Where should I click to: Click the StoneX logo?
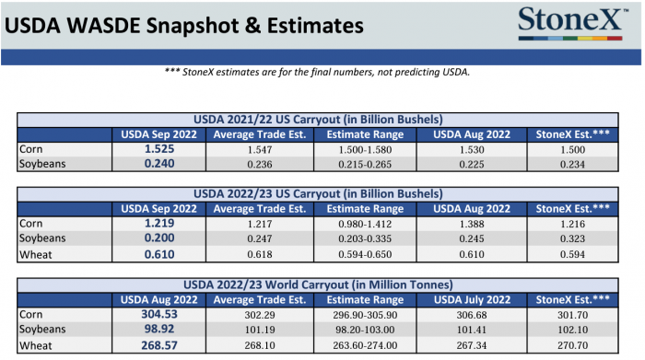click(x=572, y=23)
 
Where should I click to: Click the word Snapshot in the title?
click(x=193, y=26)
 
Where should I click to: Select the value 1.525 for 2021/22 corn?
click(x=159, y=149)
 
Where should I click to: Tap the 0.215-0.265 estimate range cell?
click(x=365, y=165)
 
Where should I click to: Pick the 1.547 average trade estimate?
click(x=260, y=149)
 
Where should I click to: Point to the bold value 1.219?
click(x=159, y=223)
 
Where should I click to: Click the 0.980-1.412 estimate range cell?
click(x=365, y=224)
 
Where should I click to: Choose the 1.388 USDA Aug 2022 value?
click(x=472, y=224)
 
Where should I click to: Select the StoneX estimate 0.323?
click(x=572, y=238)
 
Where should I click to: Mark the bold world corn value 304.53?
click(x=159, y=314)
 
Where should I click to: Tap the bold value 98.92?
click(x=159, y=329)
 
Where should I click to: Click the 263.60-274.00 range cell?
click(x=365, y=345)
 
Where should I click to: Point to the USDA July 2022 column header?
click(x=472, y=300)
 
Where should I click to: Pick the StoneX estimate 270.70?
click(x=572, y=345)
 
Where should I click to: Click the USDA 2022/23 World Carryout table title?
click(x=318, y=285)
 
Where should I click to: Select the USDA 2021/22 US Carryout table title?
click(x=318, y=120)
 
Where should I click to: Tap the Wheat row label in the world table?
click(x=35, y=345)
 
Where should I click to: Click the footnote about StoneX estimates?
click(x=317, y=73)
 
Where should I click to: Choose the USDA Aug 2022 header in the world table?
click(x=158, y=300)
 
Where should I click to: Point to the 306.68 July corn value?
click(x=472, y=315)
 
